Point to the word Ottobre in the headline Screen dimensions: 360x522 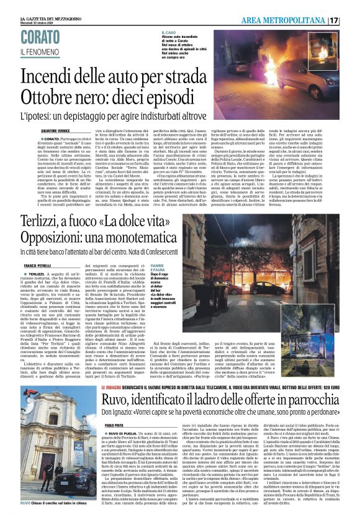(x=47, y=97)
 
